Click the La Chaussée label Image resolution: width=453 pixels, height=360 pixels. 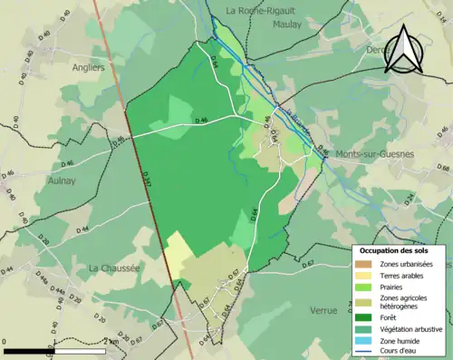coord(114,268)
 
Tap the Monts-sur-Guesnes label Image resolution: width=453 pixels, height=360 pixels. coord(374,154)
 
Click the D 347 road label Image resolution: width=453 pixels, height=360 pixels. coord(149,182)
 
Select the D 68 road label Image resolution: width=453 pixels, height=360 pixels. coord(442,169)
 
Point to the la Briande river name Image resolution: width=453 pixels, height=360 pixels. coord(300,124)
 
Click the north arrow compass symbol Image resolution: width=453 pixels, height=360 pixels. coord(403,51)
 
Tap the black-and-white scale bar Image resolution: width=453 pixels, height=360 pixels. coord(54,350)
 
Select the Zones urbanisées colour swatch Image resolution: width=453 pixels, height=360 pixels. coord(362,264)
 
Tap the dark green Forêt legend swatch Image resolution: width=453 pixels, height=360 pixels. coord(362,317)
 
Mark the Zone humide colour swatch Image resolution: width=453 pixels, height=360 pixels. coord(362,341)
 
